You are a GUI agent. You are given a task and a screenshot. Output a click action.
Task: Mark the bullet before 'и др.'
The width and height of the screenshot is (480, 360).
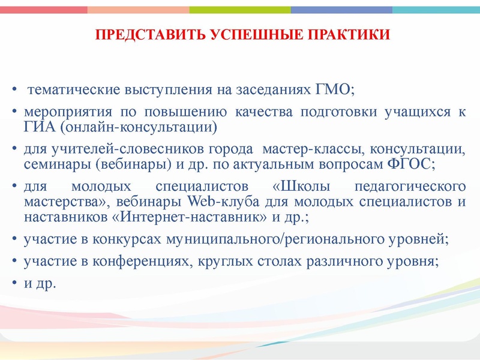(x=14, y=283)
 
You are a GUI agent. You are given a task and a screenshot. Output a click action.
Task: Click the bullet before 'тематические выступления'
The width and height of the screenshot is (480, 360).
(x=14, y=91)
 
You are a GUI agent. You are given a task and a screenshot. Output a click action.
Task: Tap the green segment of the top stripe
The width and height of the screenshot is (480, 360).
(x=240, y=10)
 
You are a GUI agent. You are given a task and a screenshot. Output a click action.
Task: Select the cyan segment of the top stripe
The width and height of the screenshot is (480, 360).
(x=436, y=10)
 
